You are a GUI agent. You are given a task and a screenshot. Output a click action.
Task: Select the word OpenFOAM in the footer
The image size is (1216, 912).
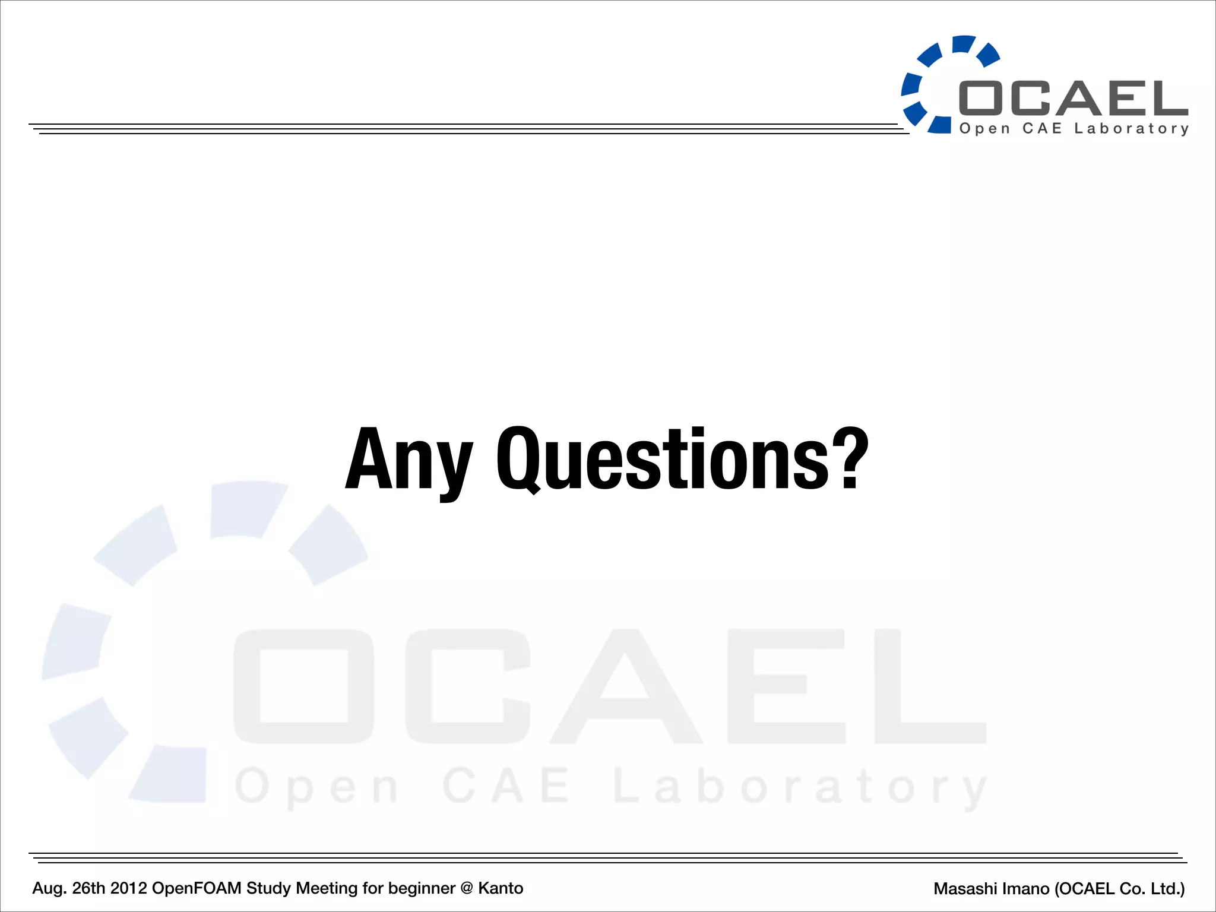tap(197, 888)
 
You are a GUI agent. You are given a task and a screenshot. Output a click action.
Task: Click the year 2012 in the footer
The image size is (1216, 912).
tap(128, 888)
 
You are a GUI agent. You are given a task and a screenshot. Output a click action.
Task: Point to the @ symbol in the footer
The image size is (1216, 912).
tap(466, 888)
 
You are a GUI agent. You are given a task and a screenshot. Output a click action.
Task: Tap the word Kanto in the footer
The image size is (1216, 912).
tap(501, 888)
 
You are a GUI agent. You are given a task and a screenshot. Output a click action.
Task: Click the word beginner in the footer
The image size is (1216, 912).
tap(422, 888)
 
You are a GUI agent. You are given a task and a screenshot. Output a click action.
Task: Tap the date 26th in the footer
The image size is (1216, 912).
tap(88, 888)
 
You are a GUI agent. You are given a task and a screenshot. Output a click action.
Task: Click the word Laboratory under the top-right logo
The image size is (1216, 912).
tap(1131, 129)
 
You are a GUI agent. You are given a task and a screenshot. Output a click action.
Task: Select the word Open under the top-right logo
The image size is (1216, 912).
tap(984, 129)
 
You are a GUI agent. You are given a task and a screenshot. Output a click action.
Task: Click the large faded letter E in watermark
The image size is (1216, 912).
tap(785, 686)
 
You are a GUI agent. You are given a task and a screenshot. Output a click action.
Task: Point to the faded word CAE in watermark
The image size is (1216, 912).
tap(505, 786)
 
